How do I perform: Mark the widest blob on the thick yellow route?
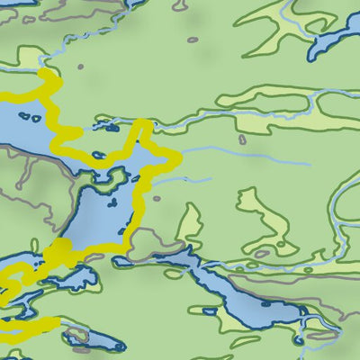click(60, 249)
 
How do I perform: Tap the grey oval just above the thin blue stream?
click(242, 139)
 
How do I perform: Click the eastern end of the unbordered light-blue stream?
click(310, 165)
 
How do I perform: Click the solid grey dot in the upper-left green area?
click(79, 66)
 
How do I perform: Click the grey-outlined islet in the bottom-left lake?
click(76, 336)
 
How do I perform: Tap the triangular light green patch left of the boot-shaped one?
click(189, 225)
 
